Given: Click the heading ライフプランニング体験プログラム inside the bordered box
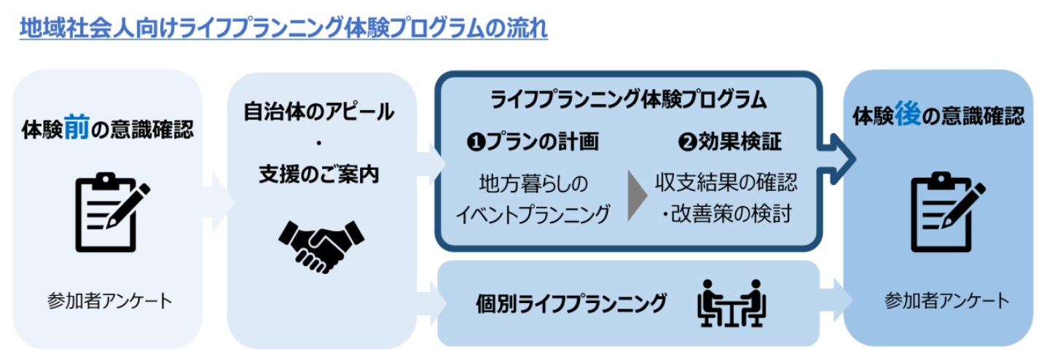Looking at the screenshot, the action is [628, 98].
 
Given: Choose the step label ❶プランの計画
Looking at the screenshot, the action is [533, 141].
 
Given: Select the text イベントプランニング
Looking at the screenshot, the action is [533, 214].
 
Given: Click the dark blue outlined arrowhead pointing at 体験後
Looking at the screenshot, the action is [839, 153].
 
